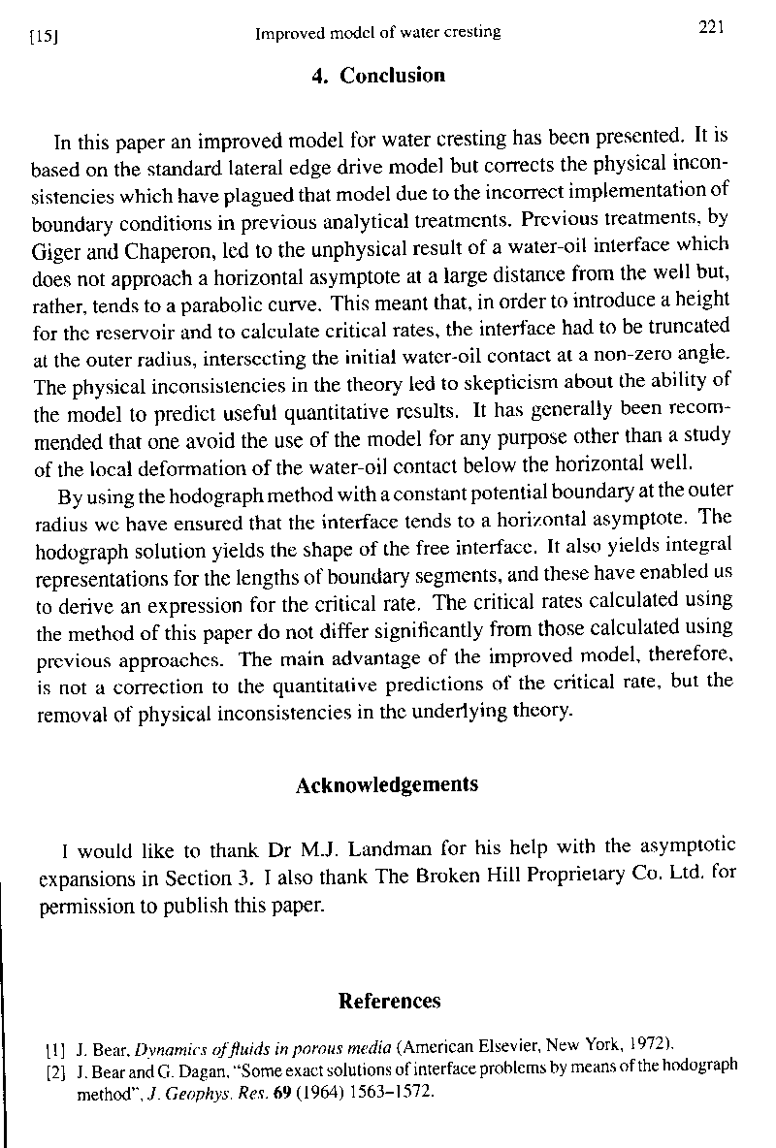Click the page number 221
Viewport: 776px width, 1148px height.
[712, 28]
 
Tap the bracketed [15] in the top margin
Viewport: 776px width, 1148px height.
[41, 37]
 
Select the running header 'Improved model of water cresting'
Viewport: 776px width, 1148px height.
[377, 32]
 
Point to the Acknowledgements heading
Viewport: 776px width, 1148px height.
[386, 784]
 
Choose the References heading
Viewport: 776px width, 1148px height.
[389, 1001]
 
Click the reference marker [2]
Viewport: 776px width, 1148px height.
[54, 1071]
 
